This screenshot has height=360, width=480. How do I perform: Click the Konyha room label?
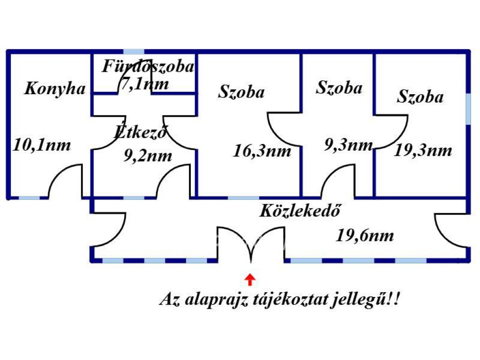pyautogui.click(x=55, y=89)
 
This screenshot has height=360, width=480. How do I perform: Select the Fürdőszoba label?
pyautogui.click(x=148, y=67)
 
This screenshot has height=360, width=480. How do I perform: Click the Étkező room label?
pyautogui.click(x=141, y=132)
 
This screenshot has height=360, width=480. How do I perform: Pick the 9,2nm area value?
pyautogui.click(x=148, y=155)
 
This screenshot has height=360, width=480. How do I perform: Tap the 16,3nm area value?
pyautogui.click(x=262, y=151)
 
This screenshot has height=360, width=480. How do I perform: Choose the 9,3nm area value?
pyautogui.click(x=348, y=145)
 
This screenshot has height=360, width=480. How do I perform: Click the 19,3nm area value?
pyautogui.click(x=423, y=150)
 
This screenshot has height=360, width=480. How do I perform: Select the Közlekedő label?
pyautogui.click(x=300, y=210)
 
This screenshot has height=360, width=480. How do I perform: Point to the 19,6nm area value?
pyautogui.click(x=365, y=235)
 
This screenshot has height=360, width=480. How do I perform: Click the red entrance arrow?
pyautogui.click(x=250, y=279)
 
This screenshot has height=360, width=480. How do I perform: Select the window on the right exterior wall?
pyautogui.click(x=468, y=109)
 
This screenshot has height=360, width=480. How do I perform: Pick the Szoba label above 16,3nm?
pyautogui.click(x=241, y=92)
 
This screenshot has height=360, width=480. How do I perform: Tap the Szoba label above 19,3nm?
pyautogui.click(x=420, y=97)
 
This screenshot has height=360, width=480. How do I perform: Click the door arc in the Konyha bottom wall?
pyautogui.click(x=65, y=182)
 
